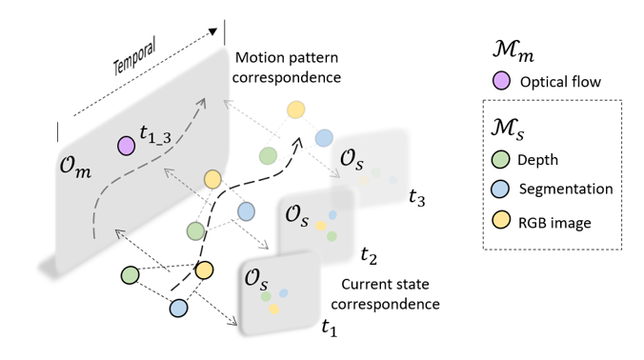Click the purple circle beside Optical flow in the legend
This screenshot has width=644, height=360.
[x=501, y=82]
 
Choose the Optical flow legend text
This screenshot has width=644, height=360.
[x=560, y=83]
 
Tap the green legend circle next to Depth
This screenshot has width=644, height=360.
[x=501, y=159]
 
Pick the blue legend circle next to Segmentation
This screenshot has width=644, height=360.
[x=501, y=191]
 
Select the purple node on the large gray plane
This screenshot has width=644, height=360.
[x=125, y=146]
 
